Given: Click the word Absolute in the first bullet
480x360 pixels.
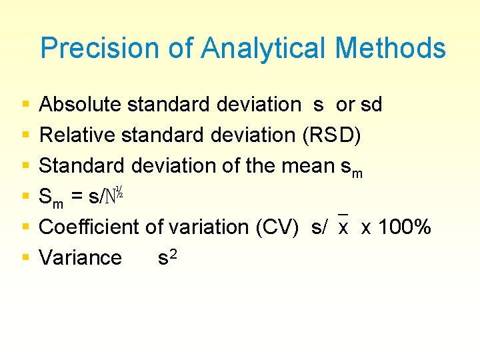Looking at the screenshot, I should tap(80, 105).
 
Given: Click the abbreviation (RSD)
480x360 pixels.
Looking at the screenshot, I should tap(332, 135).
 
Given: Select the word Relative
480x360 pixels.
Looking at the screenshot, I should tap(77, 135).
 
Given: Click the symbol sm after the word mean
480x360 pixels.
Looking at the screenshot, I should tap(351, 168).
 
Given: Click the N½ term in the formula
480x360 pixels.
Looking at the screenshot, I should tap(113, 195).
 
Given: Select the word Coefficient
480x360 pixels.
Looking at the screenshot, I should tap(89, 227).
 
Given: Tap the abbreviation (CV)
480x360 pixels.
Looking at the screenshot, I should tap(279, 227).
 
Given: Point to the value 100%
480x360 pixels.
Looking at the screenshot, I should tap(405, 227).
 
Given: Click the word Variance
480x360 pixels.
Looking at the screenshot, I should tap(81, 257).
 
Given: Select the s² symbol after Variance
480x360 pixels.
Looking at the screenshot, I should tap(167, 257).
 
